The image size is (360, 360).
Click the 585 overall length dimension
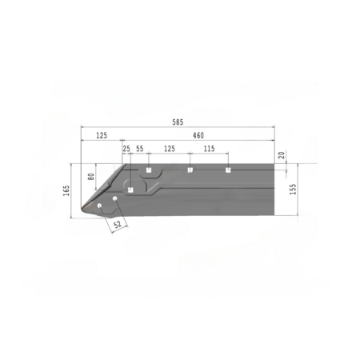178,122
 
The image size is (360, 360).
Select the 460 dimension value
198,135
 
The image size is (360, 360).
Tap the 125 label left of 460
102,135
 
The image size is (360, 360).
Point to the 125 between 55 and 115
170,149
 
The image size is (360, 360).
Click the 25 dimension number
126,149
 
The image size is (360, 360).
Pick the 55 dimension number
140,149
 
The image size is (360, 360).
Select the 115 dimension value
209,149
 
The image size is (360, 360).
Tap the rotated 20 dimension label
282,154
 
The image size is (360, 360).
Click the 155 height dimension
293,189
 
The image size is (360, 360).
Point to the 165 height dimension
66,190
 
